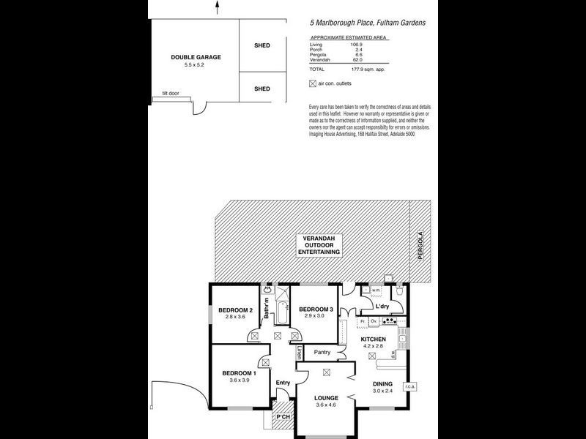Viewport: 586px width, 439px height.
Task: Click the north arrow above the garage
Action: click(x=217, y=7)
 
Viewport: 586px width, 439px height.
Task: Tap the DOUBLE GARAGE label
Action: click(x=196, y=57)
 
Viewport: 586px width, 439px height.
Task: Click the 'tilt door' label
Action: click(x=171, y=94)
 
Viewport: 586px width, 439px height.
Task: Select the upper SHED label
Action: click(x=262, y=45)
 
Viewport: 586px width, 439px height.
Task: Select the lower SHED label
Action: click(x=262, y=89)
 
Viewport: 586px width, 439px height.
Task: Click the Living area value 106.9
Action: click(x=357, y=44)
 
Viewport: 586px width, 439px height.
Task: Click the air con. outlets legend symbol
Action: click(x=314, y=83)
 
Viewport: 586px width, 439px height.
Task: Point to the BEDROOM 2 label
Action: click(x=235, y=310)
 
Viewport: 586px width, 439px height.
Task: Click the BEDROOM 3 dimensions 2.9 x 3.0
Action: click(x=316, y=316)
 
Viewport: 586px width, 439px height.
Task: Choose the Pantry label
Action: click(x=322, y=353)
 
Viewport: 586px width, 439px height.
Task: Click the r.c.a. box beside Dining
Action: click(x=409, y=387)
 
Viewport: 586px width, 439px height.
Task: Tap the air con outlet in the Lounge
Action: click(x=327, y=372)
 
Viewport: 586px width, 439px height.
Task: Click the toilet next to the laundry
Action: click(x=400, y=291)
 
